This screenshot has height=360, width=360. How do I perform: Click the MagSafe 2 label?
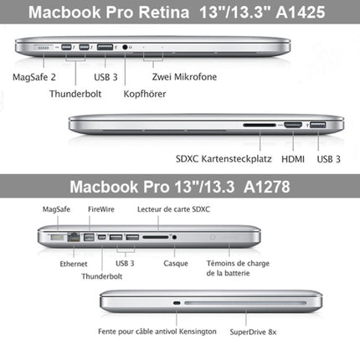34,78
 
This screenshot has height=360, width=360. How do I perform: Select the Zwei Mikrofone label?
184,78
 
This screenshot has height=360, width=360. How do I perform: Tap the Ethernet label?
50,263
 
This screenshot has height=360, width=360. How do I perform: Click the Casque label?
175,263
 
